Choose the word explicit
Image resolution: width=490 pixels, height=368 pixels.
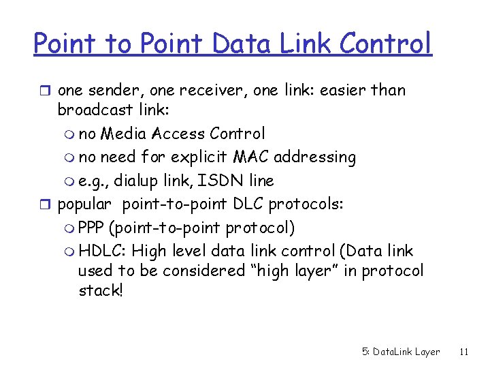pos(199,157)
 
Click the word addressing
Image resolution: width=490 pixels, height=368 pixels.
pos(312,157)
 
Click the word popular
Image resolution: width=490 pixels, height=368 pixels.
pos(84,204)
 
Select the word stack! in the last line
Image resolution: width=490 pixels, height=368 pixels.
pos(101,291)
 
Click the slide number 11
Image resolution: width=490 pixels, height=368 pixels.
pos(464,352)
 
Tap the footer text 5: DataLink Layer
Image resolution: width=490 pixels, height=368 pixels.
pos(401,352)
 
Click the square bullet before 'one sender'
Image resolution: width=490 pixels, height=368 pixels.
pos(46,91)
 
